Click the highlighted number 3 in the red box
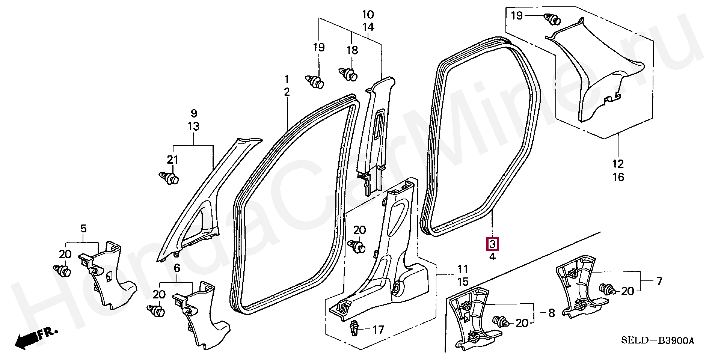click(492, 245)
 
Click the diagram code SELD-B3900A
click(657, 341)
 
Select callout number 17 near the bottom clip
click(378, 330)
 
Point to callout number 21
click(172, 160)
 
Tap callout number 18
click(352, 50)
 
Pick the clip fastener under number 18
click(349, 74)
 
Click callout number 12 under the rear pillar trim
click(618, 164)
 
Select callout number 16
click(618, 177)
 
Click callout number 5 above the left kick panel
click(83, 228)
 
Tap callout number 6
click(177, 268)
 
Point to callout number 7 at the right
click(659, 281)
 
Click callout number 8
click(551, 313)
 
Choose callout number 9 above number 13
click(194, 113)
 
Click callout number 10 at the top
click(368, 15)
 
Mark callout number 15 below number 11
click(463, 282)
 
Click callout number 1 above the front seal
click(287, 79)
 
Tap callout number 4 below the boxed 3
click(492, 257)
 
